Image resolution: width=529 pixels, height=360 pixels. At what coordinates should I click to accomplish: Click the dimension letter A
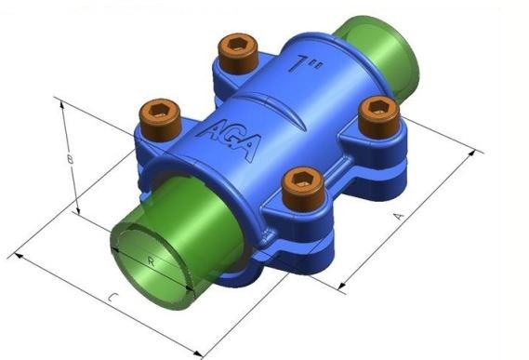click(399, 216)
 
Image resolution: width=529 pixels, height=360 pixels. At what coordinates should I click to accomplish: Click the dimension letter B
click(70, 159)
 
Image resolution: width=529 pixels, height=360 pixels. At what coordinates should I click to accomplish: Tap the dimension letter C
click(113, 298)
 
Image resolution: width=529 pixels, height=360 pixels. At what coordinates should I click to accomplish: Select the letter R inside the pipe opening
click(152, 261)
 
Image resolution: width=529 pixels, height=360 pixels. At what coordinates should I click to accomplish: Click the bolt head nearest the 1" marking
click(238, 53)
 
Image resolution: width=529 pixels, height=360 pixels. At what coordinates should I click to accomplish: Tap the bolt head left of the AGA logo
click(160, 119)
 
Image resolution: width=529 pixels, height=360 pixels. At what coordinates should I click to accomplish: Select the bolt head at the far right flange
click(379, 116)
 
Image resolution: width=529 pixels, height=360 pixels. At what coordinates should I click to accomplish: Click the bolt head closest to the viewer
click(303, 189)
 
